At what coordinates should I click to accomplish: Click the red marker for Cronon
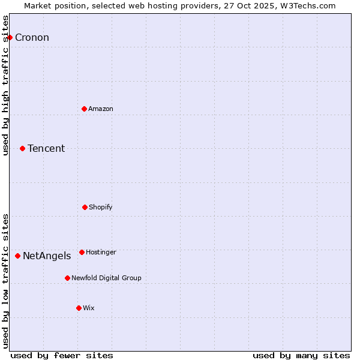pyautogui.click(x=10, y=37)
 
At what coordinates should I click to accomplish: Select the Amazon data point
pyautogui.click(x=84, y=109)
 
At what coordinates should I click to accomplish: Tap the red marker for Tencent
pyautogui.click(x=22, y=148)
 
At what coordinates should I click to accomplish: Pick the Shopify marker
pyautogui.click(x=85, y=207)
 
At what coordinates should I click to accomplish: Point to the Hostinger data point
pyautogui.click(x=82, y=252)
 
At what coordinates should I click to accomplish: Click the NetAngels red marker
pyautogui.click(x=17, y=256)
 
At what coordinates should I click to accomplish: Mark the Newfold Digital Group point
pyautogui.click(x=67, y=278)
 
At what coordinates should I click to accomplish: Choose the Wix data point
pyautogui.click(x=79, y=308)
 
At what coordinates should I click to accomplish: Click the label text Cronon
pyautogui.click(x=32, y=38)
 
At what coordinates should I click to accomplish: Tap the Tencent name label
pyautogui.click(x=46, y=149)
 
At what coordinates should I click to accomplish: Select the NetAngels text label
pyautogui.click(x=47, y=256)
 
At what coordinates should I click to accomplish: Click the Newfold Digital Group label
pyautogui.click(x=106, y=278)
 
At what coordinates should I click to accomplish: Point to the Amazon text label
pyautogui.click(x=101, y=109)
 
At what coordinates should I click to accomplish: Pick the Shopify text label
pyautogui.click(x=101, y=207)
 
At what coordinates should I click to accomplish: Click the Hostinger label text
pyautogui.click(x=101, y=252)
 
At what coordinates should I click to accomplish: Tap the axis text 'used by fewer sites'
pyautogui.click(x=62, y=355)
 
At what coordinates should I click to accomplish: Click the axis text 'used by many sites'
pyautogui.click(x=301, y=355)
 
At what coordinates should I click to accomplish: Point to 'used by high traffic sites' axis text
pyautogui.click(x=6, y=85)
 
